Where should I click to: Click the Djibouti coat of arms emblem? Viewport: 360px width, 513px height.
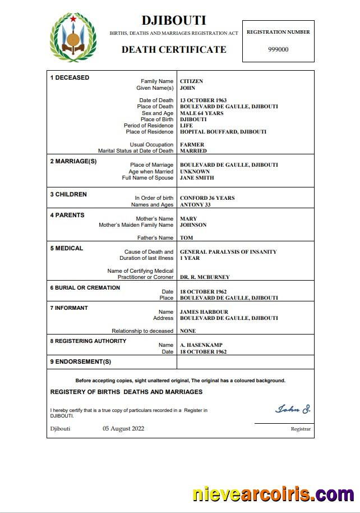(x=73, y=38)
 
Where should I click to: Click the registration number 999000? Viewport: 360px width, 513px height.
(x=278, y=49)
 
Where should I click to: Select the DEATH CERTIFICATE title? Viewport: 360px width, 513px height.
(x=174, y=49)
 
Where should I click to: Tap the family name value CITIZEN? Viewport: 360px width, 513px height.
(x=191, y=81)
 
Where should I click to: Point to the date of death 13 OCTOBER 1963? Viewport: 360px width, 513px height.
(x=203, y=100)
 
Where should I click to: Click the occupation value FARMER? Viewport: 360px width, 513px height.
(x=192, y=145)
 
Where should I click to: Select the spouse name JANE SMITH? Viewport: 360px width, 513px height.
(x=197, y=178)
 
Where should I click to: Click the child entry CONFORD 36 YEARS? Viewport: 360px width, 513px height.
(x=207, y=198)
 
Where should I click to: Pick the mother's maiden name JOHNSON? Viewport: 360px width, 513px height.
(x=193, y=225)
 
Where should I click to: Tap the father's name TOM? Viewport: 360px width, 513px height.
(x=186, y=238)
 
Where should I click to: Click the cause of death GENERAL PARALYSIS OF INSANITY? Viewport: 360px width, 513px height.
(x=228, y=252)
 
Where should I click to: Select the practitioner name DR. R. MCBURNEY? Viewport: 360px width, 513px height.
(x=205, y=277)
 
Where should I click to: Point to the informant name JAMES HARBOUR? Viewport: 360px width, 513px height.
(x=204, y=312)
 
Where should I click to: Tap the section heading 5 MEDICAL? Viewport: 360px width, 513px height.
(x=67, y=248)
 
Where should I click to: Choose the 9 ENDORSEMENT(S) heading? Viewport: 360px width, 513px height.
(x=81, y=361)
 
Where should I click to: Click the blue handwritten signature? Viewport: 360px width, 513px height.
(x=292, y=409)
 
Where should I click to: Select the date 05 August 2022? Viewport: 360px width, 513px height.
(x=123, y=429)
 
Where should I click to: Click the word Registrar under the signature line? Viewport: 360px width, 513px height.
(x=301, y=429)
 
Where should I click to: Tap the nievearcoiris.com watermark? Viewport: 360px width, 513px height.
(x=273, y=494)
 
